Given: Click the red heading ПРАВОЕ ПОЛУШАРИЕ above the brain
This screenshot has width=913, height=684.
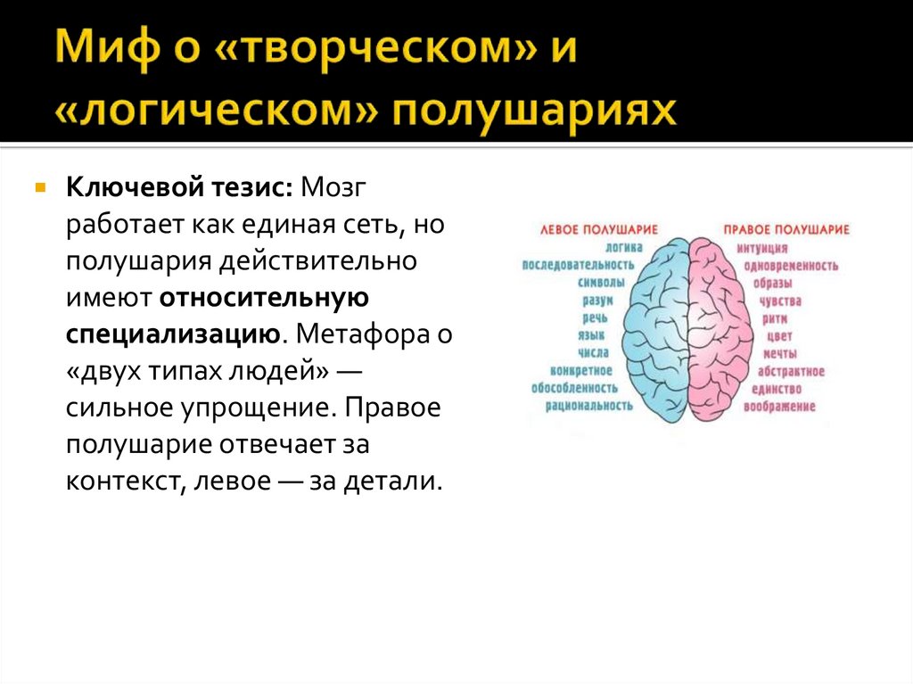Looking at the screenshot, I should pyautogui.click(x=786, y=229).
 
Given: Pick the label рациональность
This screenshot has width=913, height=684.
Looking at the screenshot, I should pyautogui.click(x=589, y=405).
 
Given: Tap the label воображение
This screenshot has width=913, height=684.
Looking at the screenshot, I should pyautogui.click(x=783, y=407).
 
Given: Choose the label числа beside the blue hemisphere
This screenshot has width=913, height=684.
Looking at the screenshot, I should pyautogui.click(x=593, y=353).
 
